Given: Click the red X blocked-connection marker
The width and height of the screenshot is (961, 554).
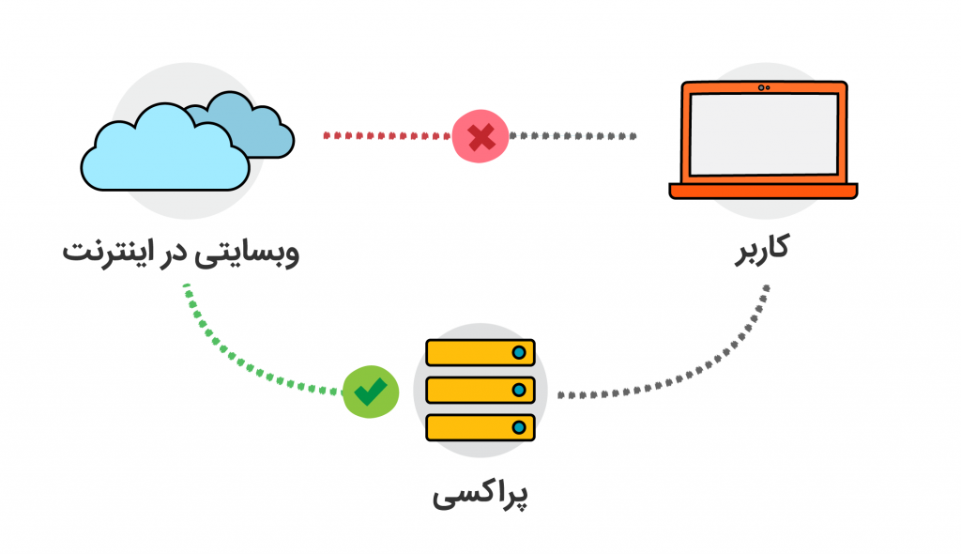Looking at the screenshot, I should [x=480, y=137].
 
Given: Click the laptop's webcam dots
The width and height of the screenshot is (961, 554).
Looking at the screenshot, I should [x=763, y=87].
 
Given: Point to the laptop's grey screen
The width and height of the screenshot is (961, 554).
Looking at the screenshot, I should [x=763, y=136].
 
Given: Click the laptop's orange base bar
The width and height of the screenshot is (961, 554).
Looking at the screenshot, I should [x=763, y=191].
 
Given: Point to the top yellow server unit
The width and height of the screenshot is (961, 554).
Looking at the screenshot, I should [x=480, y=353].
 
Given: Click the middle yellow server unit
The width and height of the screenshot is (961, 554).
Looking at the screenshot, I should [x=480, y=389].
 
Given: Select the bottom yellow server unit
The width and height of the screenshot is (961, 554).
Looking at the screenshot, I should [x=480, y=427].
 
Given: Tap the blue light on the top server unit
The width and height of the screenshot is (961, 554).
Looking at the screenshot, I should [x=518, y=353].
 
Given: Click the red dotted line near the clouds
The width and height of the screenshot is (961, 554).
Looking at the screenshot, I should [x=385, y=136].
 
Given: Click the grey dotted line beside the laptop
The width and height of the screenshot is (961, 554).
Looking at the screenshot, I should [x=572, y=136].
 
